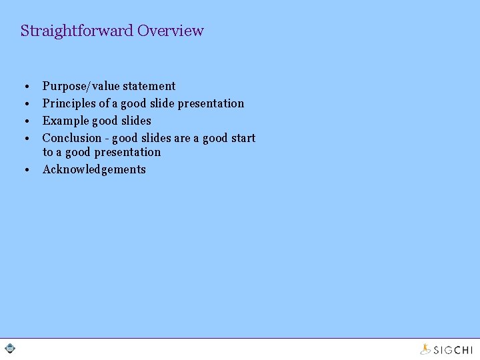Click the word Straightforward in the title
click(77, 31)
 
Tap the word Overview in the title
click(171, 31)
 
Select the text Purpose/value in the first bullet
click(81, 86)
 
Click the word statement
click(149, 86)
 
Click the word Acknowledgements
click(94, 169)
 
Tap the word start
click(243, 138)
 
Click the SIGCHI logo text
click(453, 349)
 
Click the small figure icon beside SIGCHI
click(425, 348)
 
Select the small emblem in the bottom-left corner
click(10, 348)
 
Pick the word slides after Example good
click(136, 121)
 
